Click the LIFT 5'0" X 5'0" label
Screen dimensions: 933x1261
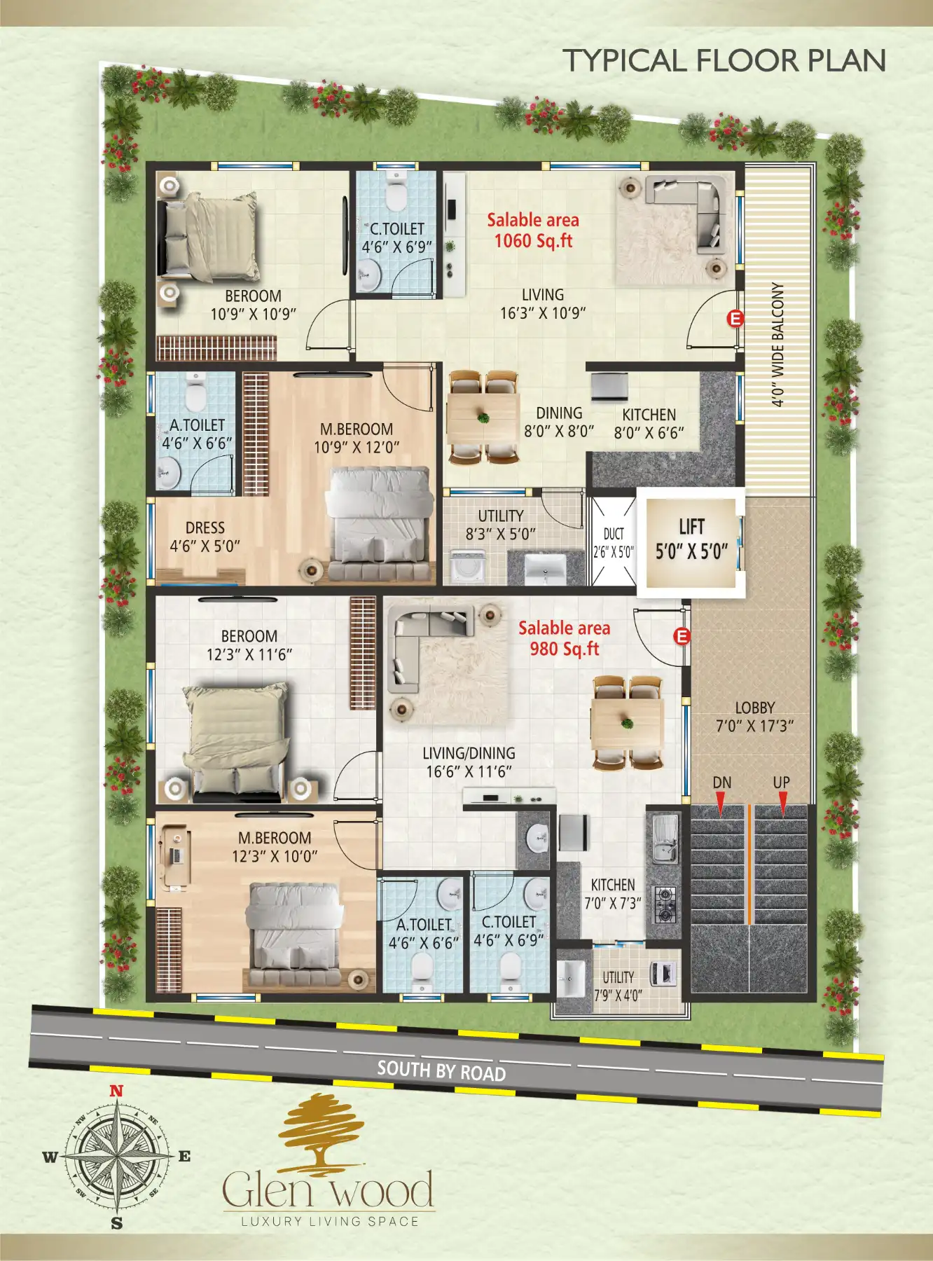point(691,539)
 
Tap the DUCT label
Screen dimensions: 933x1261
point(614,534)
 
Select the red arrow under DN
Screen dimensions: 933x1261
point(721,804)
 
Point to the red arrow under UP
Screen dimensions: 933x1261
point(782,804)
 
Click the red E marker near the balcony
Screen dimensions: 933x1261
point(735,319)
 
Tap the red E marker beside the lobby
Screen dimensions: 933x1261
point(682,636)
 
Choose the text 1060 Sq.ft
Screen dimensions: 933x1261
point(534,241)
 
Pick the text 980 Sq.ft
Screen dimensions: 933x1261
point(565,649)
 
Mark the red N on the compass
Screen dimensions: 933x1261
point(116,1091)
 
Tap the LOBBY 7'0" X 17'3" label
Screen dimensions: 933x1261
point(754,717)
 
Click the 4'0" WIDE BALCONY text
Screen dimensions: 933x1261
point(777,344)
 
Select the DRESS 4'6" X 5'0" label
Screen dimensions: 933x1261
point(205,537)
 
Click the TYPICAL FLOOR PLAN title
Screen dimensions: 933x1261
point(724,60)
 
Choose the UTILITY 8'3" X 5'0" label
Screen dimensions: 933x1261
point(501,525)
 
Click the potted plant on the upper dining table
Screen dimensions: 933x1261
point(483,418)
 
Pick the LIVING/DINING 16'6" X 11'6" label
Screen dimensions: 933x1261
point(469,762)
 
